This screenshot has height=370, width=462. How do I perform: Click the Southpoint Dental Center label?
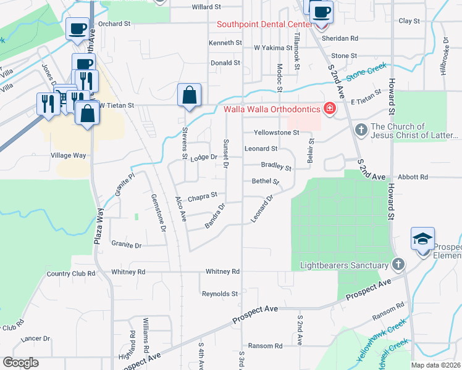click(x=264, y=25)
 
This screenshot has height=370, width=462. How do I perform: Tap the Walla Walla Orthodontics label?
click(x=272, y=110)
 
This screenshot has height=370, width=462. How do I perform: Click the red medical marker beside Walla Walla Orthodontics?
click(x=330, y=110)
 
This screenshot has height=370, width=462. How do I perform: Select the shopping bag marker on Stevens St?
click(x=189, y=96)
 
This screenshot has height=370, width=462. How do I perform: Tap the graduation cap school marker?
click(x=422, y=239)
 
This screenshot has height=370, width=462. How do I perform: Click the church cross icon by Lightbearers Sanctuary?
click(x=398, y=265)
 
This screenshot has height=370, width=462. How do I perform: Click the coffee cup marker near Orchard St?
click(x=78, y=28)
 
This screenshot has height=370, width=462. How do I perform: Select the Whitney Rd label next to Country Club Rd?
click(x=128, y=271)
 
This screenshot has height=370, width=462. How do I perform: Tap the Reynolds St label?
click(x=220, y=294)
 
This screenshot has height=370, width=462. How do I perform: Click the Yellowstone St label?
click(x=276, y=133)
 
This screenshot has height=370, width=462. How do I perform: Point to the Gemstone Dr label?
click(x=158, y=213)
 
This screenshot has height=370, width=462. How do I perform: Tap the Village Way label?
click(x=71, y=155)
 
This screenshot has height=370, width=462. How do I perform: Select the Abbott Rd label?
click(x=413, y=177)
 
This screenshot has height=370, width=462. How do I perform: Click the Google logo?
click(x=20, y=363)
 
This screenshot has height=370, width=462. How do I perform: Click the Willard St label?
click(x=206, y=7)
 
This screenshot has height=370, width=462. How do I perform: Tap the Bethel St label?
click(x=266, y=182)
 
